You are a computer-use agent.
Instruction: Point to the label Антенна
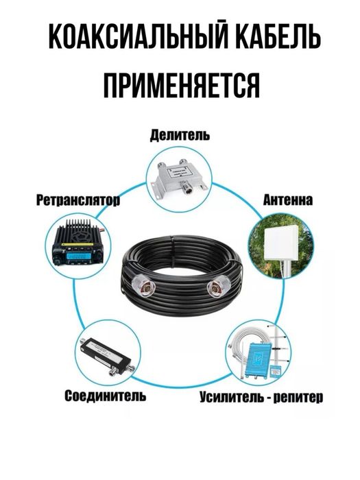click(288, 201)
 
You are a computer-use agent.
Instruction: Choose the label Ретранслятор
click(77, 201)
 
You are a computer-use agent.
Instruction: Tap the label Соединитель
click(104, 396)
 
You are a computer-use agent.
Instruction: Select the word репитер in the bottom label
click(298, 396)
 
